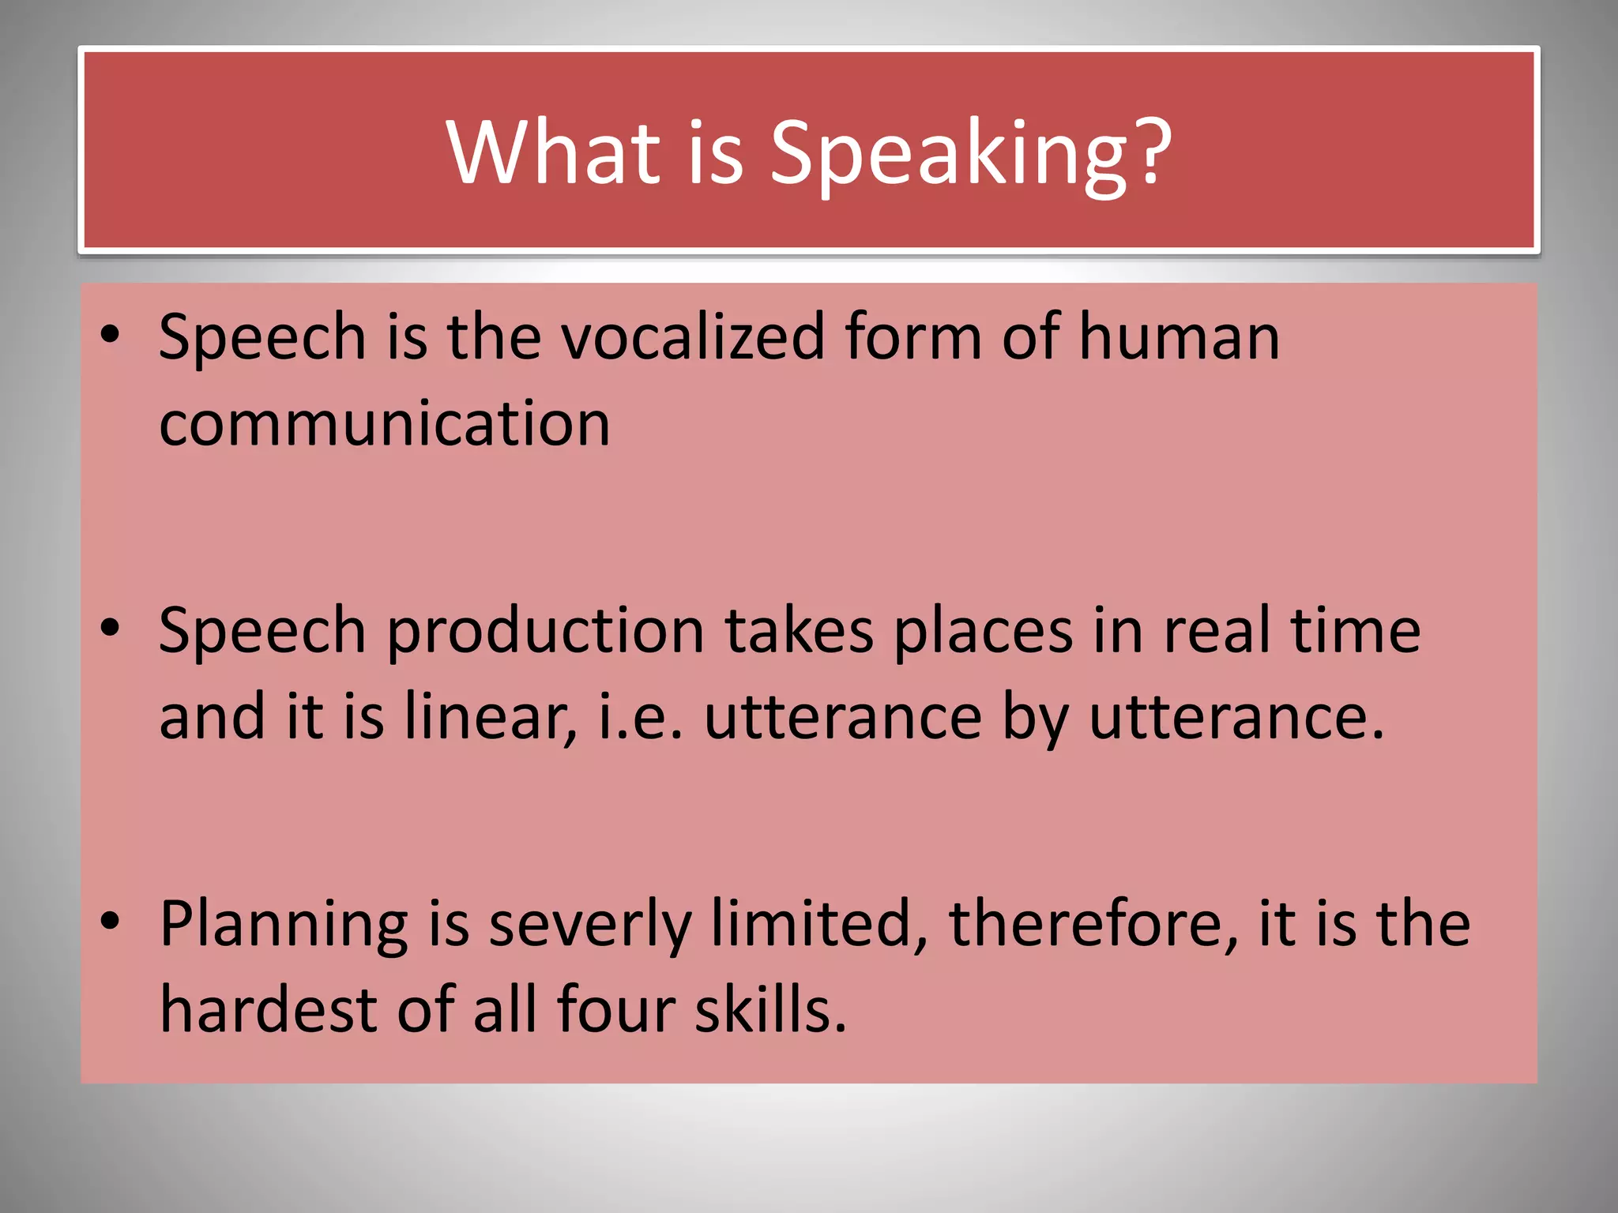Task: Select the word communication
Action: point(384,423)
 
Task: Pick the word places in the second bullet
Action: point(983,632)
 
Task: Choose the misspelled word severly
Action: point(589,926)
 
